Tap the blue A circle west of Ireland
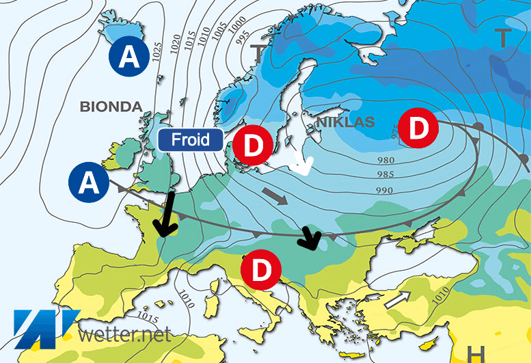pyautogui.click(x=89, y=182)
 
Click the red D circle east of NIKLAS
pyautogui.click(x=418, y=127)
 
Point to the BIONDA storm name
pyautogui.click(x=111, y=107)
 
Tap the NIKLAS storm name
pyautogui.click(x=346, y=122)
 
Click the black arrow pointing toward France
pyautogui.click(x=165, y=215)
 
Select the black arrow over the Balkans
pyautogui.click(x=310, y=238)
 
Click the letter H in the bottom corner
pyautogui.click(x=476, y=354)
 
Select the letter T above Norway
pyautogui.click(x=258, y=51)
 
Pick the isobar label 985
pyautogui.click(x=385, y=173)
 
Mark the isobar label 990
pyautogui.click(x=385, y=190)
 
